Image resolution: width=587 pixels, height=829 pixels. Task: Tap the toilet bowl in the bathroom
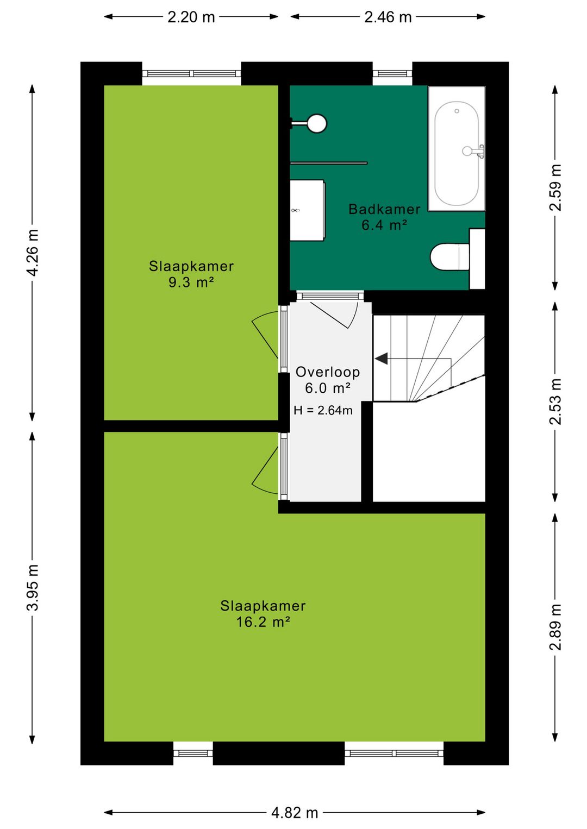coord(447,256)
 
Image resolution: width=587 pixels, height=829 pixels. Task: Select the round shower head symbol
coord(316,123)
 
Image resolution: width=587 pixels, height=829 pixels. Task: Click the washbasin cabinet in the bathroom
coord(307,210)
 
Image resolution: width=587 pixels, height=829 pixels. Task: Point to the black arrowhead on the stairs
coord(382,359)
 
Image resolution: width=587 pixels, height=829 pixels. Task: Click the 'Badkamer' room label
coord(384,209)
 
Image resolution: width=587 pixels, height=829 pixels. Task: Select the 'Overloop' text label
coord(328,372)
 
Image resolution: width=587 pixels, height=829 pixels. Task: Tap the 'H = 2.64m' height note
coord(323,411)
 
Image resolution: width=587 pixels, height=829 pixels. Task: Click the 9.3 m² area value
coord(191,282)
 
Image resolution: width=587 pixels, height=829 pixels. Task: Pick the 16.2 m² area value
coord(263,622)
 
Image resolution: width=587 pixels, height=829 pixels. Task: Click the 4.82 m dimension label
coord(295,813)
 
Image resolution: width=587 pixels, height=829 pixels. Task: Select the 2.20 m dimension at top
coord(191,17)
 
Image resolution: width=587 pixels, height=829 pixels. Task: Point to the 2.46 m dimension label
coord(388,17)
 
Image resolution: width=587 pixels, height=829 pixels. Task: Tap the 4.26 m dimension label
coord(33,253)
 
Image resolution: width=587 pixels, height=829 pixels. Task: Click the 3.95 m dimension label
coord(33,587)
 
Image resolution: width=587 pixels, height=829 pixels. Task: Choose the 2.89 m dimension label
coord(555,627)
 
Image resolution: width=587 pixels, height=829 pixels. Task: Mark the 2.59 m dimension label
coord(555,187)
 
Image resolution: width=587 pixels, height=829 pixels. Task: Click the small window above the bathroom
coord(392,73)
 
